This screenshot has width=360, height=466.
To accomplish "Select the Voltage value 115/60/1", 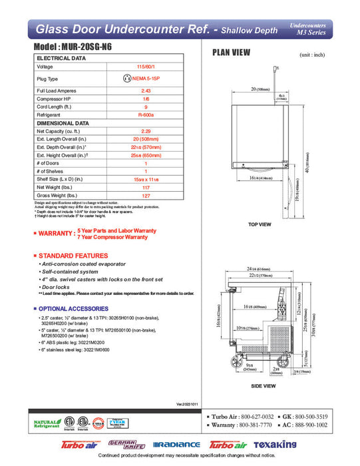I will (x=146, y=67).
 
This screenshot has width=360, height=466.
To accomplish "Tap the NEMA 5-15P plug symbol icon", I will (x=127, y=79).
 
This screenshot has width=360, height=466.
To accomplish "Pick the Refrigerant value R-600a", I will (x=146, y=115).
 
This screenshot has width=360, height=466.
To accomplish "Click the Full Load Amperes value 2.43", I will (x=146, y=91).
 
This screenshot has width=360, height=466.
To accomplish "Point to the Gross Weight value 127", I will (x=146, y=196).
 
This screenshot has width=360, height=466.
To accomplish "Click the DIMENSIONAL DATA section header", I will (x=63, y=123).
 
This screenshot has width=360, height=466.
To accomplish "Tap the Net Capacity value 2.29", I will (x=146, y=131).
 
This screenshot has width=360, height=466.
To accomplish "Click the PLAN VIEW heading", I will (x=232, y=54).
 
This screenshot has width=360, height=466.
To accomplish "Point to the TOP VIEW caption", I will (x=259, y=224).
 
